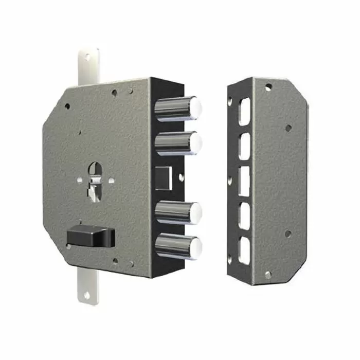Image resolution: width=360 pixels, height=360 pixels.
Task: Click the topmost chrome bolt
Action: click(x=177, y=108)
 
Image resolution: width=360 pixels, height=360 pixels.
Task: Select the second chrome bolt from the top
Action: click(x=177, y=142)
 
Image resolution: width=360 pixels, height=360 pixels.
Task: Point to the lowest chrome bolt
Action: click(x=177, y=246)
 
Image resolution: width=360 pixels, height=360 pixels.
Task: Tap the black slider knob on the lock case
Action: click(x=90, y=237)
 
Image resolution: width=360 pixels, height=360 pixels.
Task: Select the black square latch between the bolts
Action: click(x=164, y=177)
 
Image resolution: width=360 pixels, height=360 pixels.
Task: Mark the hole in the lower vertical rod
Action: click(x=86, y=295)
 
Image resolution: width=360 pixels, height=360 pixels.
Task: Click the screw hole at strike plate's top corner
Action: click(x=268, y=87)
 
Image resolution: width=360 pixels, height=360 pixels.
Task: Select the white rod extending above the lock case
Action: click(x=88, y=64)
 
